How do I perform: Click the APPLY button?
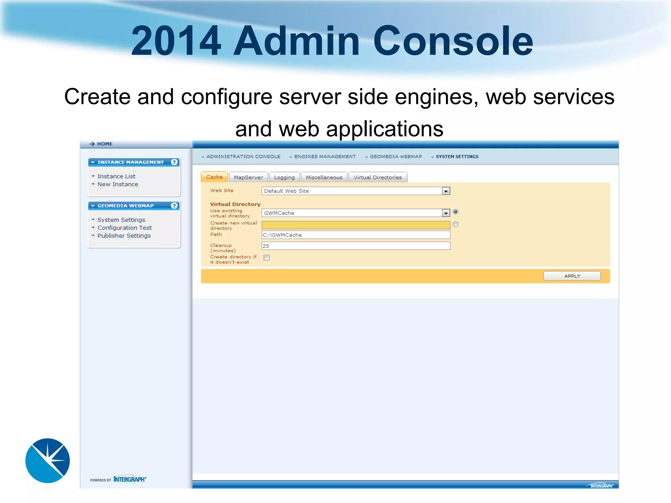coord(572,276)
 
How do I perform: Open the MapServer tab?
coord(248,177)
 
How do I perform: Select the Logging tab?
coord(284,177)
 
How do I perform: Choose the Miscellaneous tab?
coord(324,177)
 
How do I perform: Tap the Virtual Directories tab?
coord(377,177)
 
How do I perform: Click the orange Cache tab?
coord(214,177)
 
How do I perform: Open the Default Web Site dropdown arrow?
coord(446,191)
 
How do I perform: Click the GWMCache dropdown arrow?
coord(446,213)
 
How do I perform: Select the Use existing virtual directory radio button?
coord(455,212)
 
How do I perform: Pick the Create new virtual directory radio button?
coord(455,224)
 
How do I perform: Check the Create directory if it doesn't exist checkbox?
coord(267,258)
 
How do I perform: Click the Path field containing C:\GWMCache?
coord(355,235)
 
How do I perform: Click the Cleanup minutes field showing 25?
coord(355,246)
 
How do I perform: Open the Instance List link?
coord(116,177)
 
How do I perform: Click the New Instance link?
coord(118,184)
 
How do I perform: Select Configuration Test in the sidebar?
coord(125,228)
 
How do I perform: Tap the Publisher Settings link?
coord(124,236)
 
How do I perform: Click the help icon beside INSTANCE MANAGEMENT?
coord(174,162)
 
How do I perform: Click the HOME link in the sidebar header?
coord(105,144)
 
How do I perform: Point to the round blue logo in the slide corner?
coord(48,460)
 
